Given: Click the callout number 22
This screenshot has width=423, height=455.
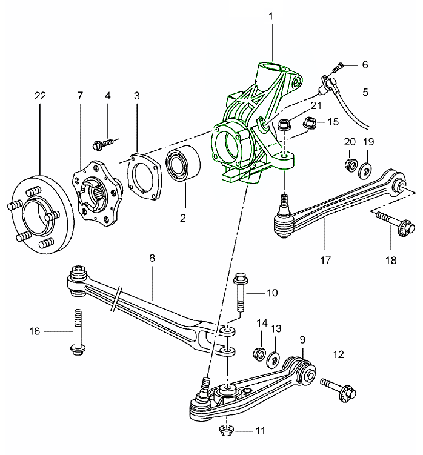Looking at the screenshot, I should pyautogui.click(x=40, y=96).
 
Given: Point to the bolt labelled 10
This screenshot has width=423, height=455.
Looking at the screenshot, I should pyautogui.click(x=239, y=294).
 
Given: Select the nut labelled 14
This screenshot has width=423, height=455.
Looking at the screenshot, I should pyautogui.click(x=259, y=354).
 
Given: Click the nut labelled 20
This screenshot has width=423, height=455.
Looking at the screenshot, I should pyautogui.click(x=350, y=164).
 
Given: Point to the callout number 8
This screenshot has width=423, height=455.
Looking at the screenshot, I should pyautogui.click(x=152, y=258).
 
